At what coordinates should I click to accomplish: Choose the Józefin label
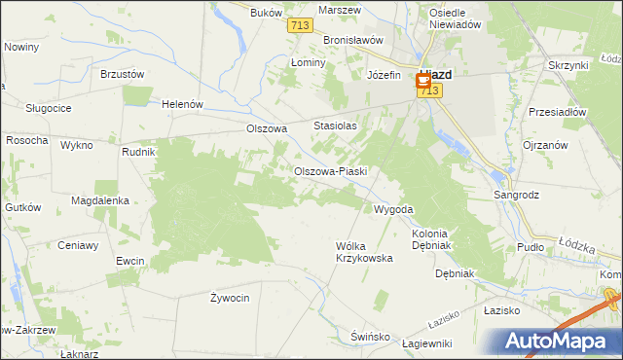(384, 75)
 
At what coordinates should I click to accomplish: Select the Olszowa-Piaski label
(330, 171)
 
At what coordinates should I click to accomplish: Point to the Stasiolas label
(336, 126)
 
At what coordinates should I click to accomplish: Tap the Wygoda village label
(394, 209)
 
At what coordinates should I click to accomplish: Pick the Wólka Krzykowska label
(363, 252)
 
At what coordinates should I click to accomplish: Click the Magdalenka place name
(100, 200)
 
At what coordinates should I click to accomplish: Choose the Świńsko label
(370, 336)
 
